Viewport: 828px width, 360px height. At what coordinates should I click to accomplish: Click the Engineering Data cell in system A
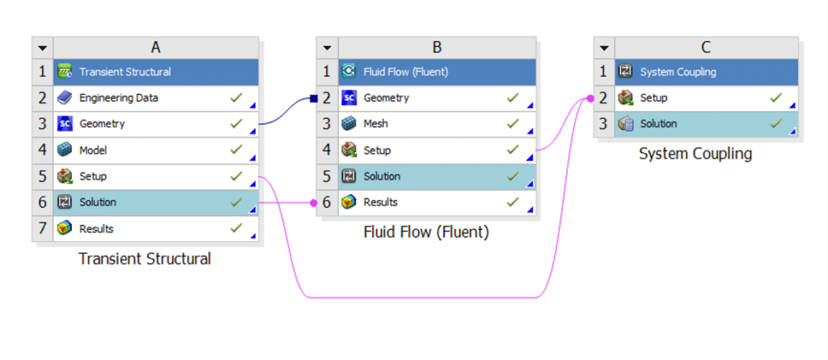pyautogui.click(x=118, y=98)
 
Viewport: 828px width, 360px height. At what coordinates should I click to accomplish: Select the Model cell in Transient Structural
pyautogui.click(x=93, y=150)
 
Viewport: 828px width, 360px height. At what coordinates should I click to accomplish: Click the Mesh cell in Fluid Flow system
pyautogui.click(x=375, y=125)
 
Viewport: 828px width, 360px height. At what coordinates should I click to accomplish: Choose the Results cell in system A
pyautogui.click(x=96, y=229)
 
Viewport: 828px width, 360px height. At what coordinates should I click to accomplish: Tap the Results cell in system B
pyautogui.click(x=380, y=202)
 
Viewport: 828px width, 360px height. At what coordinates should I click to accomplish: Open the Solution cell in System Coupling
pyautogui.click(x=658, y=125)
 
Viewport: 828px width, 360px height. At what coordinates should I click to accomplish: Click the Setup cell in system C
pyautogui.click(x=653, y=98)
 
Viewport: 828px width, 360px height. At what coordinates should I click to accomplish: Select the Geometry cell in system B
pyautogui.click(x=386, y=98)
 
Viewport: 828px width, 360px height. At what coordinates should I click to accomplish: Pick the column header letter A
pyautogui.click(x=155, y=47)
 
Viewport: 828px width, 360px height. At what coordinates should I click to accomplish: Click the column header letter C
pyautogui.click(x=706, y=47)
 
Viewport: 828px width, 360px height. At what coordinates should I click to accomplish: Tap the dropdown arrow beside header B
pyautogui.click(x=326, y=48)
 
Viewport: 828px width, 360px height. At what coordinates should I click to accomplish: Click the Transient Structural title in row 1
pyautogui.click(x=125, y=72)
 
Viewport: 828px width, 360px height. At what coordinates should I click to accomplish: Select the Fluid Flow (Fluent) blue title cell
pyautogui.click(x=406, y=72)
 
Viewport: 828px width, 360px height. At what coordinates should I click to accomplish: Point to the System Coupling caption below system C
pyautogui.click(x=695, y=153)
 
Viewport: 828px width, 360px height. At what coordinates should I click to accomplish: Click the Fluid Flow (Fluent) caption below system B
pyautogui.click(x=426, y=233)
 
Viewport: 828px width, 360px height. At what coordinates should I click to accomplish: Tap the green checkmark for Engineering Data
pyautogui.click(x=235, y=98)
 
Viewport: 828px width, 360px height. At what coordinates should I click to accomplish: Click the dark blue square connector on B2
pyautogui.click(x=313, y=99)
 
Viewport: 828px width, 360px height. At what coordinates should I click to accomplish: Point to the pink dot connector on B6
pyautogui.click(x=314, y=202)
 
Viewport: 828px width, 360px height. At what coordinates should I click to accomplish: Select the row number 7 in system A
pyautogui.click(x=43, y=229)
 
